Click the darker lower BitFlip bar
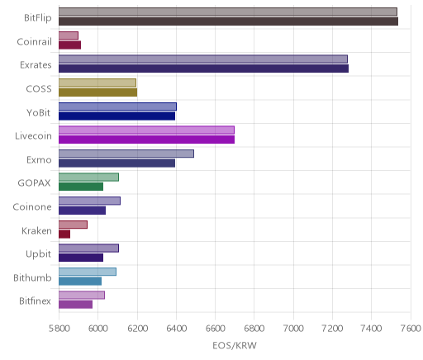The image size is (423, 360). (x=228, y=21)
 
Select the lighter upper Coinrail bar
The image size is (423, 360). (x=69, y=36)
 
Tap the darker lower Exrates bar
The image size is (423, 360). (x=203, y=69)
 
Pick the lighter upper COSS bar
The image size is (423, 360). (x=97, y=83)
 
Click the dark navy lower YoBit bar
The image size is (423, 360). (x=116, y=116)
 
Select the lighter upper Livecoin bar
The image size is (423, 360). (x=146, y=130)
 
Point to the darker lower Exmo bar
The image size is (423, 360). (x=116, y=163)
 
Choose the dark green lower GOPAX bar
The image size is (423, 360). (x=81, y=187)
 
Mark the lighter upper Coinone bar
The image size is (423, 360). (x=89, y=201)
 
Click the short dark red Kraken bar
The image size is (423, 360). (x=64, y=234)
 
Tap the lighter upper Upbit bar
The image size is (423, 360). (x=88, y=248)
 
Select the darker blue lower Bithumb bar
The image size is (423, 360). (x=80, y=282)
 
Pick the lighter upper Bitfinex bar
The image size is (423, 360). (x=82, y=296)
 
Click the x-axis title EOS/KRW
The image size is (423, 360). (x=235, y=346)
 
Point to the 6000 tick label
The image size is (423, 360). (x=97, y=329)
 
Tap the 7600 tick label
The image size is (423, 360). (x=411, y=329)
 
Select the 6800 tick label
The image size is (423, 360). (x=254, y=329)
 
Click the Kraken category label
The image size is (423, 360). (x=36, y=231)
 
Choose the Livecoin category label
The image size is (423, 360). (x=33, y=136)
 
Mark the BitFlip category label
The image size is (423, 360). (x=38, y=18)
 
